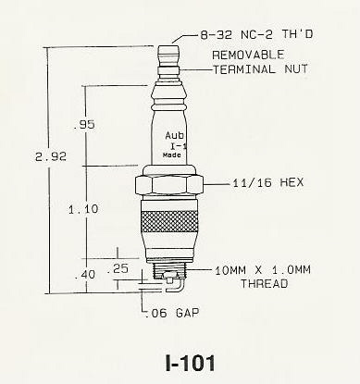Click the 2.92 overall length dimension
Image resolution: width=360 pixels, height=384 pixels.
pyautogui.click(x=51, y=157)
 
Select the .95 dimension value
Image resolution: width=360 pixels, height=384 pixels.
pyautogui.click(x=84, y=125)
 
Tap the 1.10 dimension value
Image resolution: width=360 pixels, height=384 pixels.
pyautogui.click(x=83, y=209)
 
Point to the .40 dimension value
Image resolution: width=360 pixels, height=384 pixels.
pyautogui.click(x=85, y=274)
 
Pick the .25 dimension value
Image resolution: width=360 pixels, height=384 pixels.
pyautogui.click(x=118, y=268)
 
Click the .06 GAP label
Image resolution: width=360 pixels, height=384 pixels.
pyautogui.click(x=172, y=313)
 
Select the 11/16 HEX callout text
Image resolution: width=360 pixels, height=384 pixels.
pyautogui.click(x=267, y=182)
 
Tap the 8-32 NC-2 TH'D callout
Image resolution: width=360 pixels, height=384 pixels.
pyautogui.click(x=256, y=34)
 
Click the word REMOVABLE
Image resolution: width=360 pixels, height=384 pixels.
pyautogui.click(x=248, y=55)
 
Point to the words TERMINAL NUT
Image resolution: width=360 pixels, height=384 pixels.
pyautogui.click(x=261, y=69)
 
